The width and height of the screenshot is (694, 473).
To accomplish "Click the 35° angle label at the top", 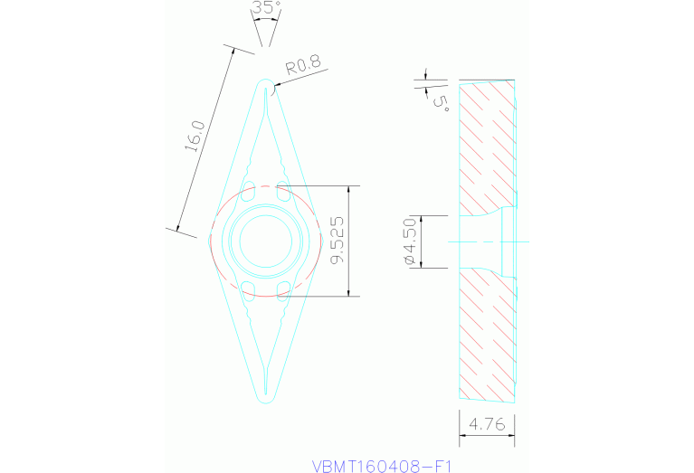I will pyautogui.click(x=266, y=8).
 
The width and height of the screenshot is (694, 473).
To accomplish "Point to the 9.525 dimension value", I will pyautogui.click(x=337, y=241).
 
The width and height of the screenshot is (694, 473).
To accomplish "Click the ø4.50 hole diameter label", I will pyautogui.click(x=409, y=241).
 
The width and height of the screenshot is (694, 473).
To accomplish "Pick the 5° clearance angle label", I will pyautogui.click(x=442, y=100).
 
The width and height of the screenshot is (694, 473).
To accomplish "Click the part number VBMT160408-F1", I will pyautogui.click(x=381, y=466).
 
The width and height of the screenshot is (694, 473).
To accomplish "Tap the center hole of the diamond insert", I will pyautogui.click(x=264, y=241).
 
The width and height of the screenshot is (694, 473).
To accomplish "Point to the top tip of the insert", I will pyautogui.click(x=265, y=83).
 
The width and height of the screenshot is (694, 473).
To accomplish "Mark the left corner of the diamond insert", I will pyautogui.click(x=212, y=240).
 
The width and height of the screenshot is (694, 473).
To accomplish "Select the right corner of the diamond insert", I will pyautogui.click(x=318, y=241).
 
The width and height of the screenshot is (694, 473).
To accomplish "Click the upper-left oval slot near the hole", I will pyautogui.click(x=248, y=193).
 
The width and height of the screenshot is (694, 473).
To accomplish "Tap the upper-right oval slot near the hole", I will pyautogui.click(x=282, y=193).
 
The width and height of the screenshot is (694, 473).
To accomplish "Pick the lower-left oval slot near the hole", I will pyautogui.click(x=248, y=288).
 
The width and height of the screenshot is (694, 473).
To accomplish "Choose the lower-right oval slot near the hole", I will pyautogui.click(x=282, y=288).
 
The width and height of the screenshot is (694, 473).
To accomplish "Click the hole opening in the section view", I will pyautogui.click(x=484, y=241).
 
